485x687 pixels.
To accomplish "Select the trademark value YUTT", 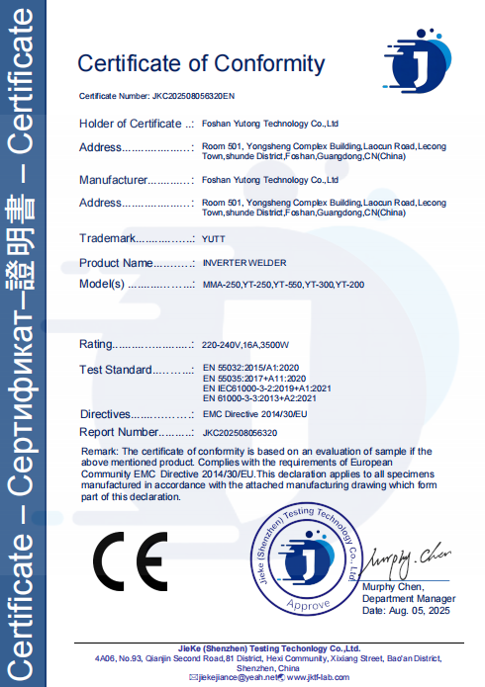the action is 213,239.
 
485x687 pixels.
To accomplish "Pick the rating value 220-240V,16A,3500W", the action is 244,345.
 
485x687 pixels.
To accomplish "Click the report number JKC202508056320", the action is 240,432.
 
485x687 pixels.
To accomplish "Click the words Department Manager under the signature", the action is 409,599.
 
